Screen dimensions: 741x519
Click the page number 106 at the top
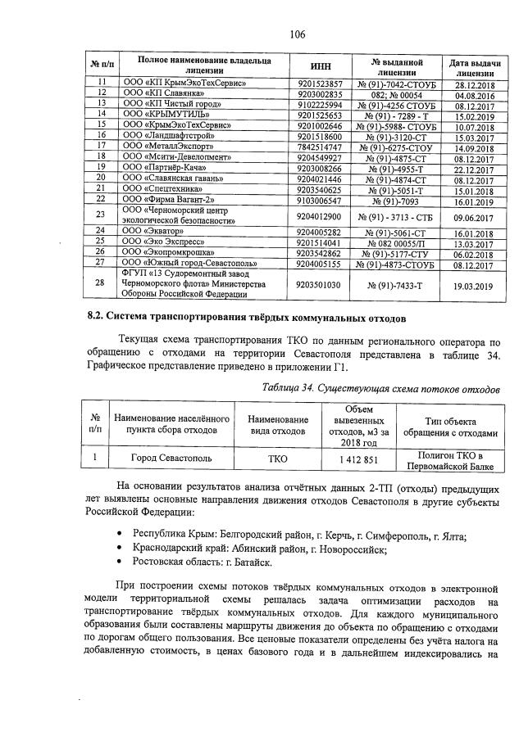[297, 34]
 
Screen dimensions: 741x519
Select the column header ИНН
[321, 66]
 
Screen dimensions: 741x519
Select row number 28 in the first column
[101, 283]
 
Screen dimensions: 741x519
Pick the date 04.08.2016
[471, 93]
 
